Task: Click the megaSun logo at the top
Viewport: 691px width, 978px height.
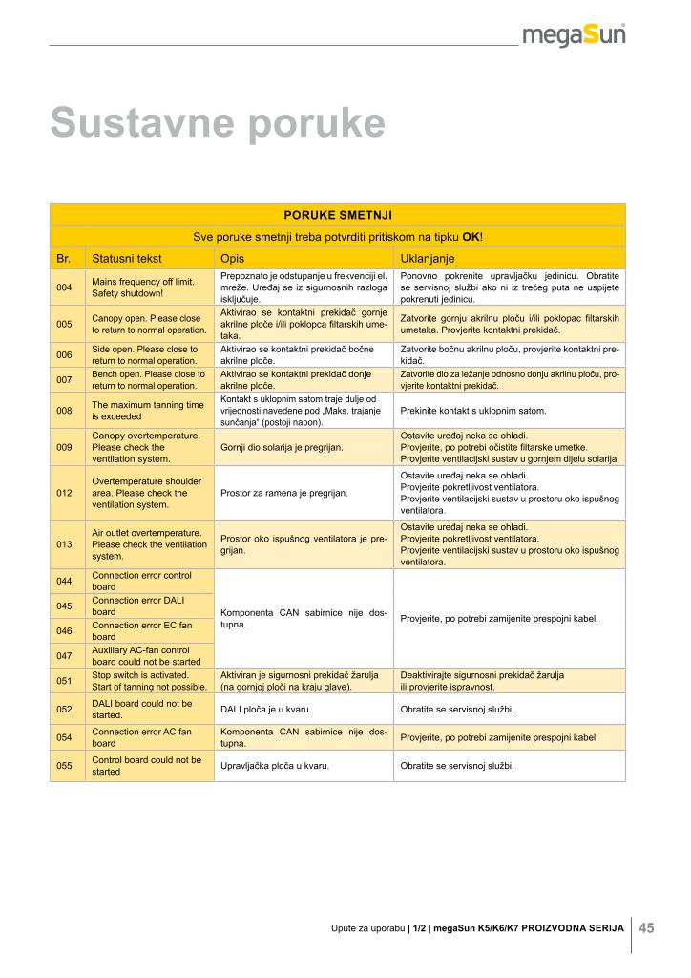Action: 574,35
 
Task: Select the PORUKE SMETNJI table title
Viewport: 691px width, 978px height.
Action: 338,215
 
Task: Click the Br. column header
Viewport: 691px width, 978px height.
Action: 64,258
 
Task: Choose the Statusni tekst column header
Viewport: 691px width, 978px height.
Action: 127,258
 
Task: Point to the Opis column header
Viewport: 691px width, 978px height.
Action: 233,258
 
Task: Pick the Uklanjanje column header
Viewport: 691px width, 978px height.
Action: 427,258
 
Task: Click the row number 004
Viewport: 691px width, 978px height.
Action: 64,287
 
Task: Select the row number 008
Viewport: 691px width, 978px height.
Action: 64,411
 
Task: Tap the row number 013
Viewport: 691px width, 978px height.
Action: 64,544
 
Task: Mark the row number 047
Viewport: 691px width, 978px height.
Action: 64,656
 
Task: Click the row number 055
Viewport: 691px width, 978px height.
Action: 64,766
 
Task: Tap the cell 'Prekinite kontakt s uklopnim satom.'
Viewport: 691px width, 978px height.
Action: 473,411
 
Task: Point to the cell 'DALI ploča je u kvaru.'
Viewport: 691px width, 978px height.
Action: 269,710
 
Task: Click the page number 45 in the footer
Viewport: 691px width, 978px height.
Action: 646,926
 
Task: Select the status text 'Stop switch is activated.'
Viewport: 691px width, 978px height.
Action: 140,674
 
